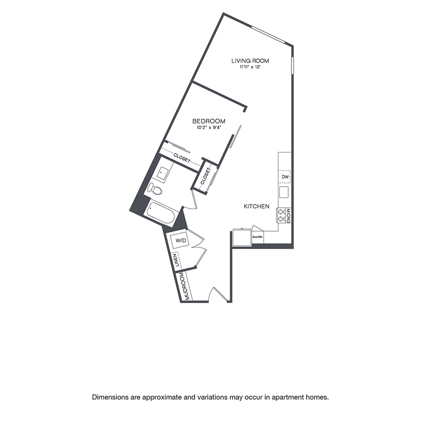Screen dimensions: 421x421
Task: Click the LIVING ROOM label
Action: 250,61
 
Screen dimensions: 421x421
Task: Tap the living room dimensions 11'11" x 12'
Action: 250,67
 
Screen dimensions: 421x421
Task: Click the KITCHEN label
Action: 256,206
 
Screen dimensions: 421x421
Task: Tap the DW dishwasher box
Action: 285,177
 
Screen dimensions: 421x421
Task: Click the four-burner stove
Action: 282,215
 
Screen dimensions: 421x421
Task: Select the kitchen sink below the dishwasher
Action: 284,192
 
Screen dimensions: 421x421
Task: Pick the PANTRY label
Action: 258,237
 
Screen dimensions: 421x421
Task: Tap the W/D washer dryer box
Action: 181,240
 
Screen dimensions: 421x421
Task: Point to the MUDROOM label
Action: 185,286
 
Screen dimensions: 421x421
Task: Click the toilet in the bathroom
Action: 155,189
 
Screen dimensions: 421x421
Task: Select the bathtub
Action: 160,213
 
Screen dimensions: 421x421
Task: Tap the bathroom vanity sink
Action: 163,173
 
